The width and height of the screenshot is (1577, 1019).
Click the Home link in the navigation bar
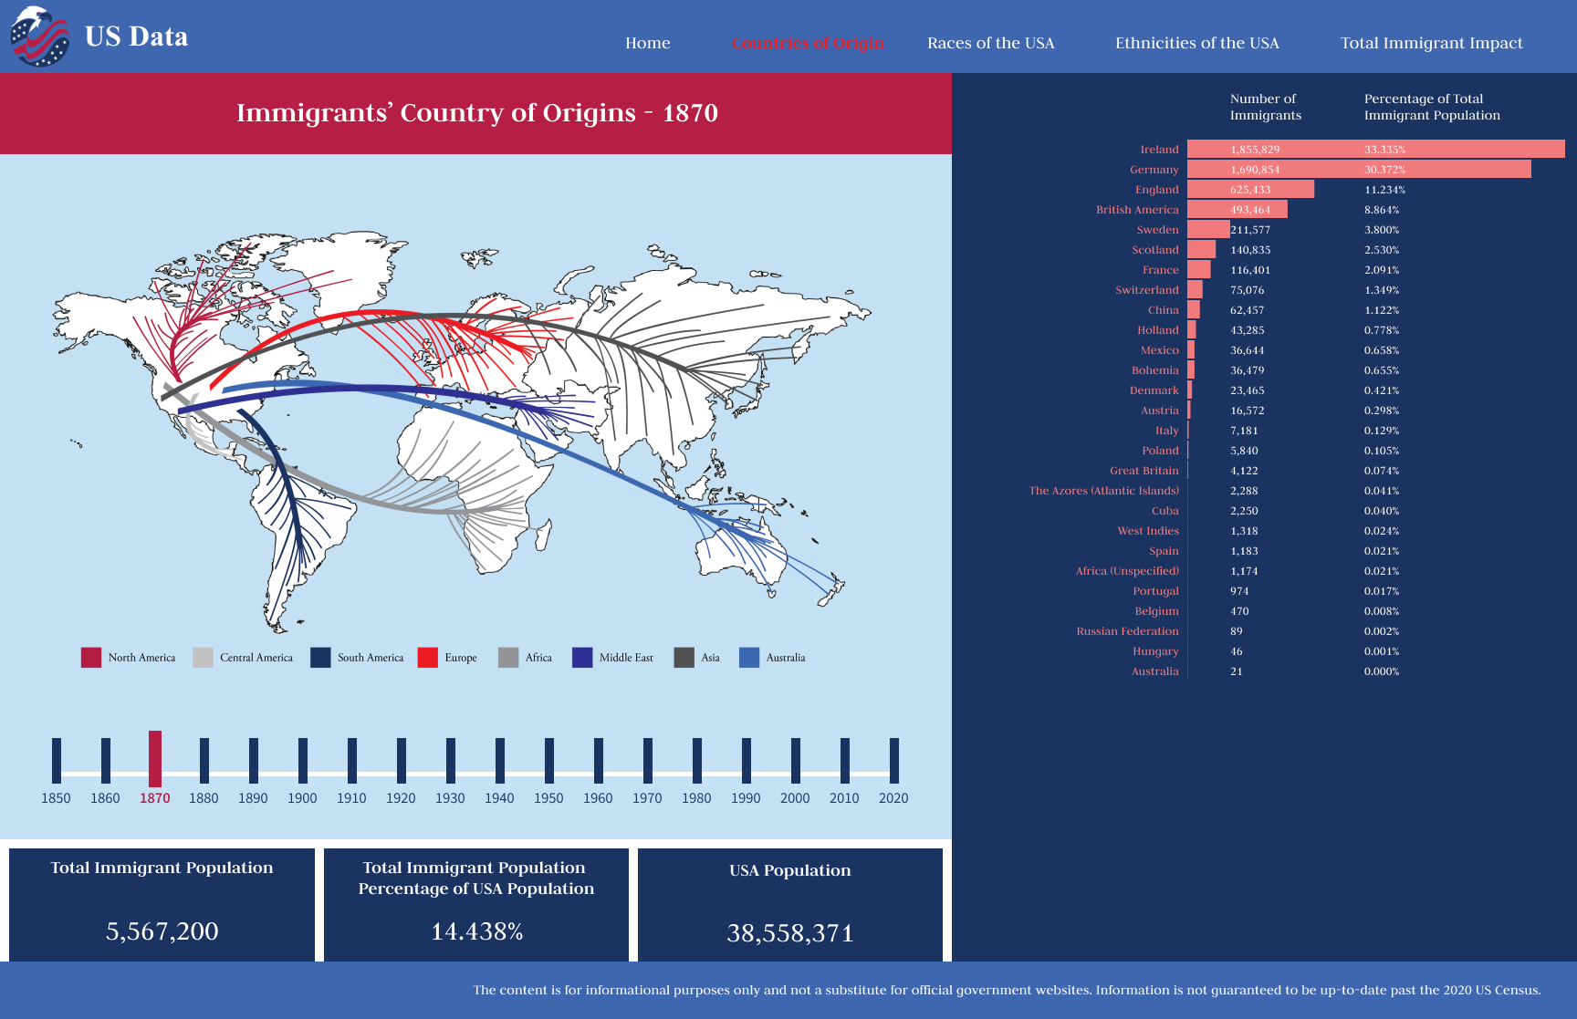[647, 43]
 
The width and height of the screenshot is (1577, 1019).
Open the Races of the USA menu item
[990, 43]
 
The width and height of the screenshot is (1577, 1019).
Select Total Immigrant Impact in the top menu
[1431, 43]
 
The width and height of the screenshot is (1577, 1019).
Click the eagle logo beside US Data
[39, 36]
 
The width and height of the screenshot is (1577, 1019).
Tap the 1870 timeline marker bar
[155, 758]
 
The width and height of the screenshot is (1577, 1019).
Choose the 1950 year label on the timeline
[548, 798]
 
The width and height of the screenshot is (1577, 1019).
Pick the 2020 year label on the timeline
[893, 798]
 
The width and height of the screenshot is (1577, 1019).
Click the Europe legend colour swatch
[427, 658]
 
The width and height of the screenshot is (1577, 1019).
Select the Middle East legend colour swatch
[582, 658]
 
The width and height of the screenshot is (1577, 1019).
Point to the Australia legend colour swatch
[749, 658]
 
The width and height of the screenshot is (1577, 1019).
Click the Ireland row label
[1159, 150]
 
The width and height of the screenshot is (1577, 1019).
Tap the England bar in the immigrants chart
[1250, 190]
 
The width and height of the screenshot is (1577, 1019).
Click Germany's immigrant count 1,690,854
[1255, 170]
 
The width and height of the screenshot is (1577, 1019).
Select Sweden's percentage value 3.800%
[1382, 230]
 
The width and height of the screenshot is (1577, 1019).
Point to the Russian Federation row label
[1127, 631]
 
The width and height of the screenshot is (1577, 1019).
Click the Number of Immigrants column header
[1265, 107]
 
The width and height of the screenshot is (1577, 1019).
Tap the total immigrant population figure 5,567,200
[162, 931]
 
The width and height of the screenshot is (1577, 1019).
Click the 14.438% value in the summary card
[476, 931]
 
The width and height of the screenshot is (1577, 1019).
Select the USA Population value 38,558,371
[789, 933]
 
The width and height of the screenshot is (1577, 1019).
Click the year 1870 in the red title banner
[690, 113]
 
